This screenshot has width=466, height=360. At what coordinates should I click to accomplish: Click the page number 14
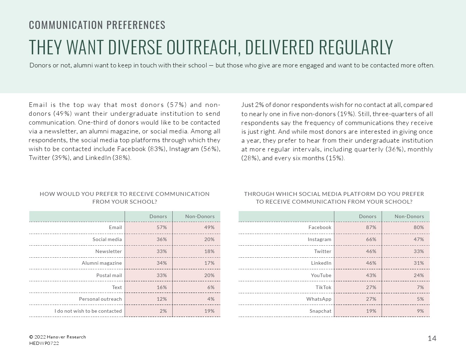point(432,338)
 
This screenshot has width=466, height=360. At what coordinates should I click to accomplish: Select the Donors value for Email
point(162,227)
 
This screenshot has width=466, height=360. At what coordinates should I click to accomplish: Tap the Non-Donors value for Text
point(211,287)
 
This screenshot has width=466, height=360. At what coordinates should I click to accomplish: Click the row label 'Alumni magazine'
point(102,263)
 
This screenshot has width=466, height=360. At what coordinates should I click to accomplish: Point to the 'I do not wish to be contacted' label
point(88,311)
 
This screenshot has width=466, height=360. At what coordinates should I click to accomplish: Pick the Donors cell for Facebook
point(371,227)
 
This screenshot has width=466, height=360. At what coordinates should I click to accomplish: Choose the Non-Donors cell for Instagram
point(419,239)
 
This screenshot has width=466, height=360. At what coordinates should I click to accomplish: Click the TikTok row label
point(323,287)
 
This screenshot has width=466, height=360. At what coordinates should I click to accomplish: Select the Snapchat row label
point(320,311)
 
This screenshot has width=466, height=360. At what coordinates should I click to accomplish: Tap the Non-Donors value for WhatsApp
point(420,299)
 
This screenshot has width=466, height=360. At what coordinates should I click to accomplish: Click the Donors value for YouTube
point(371,275)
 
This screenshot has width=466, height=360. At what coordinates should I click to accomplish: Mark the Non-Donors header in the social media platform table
point(409,216)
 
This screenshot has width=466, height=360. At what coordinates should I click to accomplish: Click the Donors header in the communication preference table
point(158,216)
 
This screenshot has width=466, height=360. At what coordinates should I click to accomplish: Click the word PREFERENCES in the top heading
point(136,25)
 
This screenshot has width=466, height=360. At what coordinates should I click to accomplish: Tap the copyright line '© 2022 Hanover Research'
point(58,337)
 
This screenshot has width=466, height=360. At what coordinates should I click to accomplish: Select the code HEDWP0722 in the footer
point(44,343)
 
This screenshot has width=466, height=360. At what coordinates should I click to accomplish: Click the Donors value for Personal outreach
point(162,299)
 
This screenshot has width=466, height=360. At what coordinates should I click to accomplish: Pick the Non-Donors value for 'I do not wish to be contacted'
point(209,311)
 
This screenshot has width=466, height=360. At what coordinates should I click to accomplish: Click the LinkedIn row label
point(321,263)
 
